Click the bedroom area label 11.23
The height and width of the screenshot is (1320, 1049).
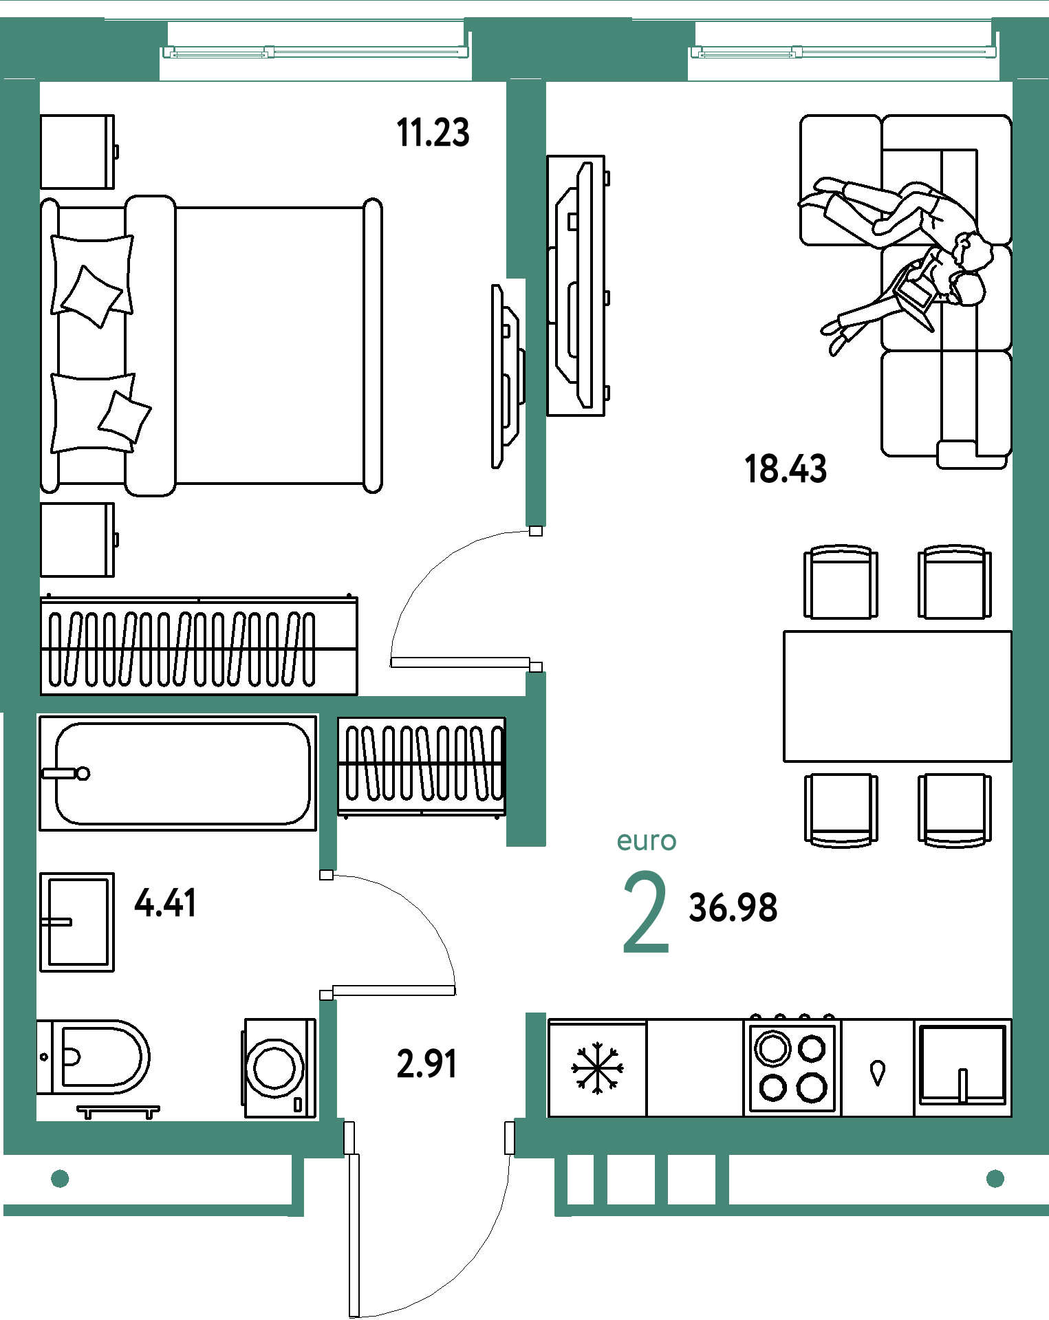(433, 133)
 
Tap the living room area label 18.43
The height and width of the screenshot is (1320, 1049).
(786, 469)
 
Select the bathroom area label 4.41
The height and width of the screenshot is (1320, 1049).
(165, 902)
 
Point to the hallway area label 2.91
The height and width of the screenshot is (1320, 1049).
(426, 1063)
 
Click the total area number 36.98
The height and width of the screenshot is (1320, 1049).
(733, 907)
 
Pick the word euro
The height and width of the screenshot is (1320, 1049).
(647, 841)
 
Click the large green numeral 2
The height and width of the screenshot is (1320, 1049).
(646, 911)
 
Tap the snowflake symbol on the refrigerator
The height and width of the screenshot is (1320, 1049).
(597, 1068)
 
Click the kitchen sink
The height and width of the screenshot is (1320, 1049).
(963, 1067)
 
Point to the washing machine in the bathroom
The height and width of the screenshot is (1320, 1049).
(279, 1068)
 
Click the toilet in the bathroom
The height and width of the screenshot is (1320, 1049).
(92, 1057)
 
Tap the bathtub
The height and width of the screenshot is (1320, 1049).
(177, 773)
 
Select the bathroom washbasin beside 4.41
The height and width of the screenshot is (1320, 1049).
(77, 922)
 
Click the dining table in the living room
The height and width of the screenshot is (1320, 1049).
(898, 696)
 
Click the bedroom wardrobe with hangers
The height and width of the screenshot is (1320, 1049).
(199, 645)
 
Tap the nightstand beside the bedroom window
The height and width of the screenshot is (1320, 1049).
(78, 151)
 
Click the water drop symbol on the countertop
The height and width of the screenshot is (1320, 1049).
(878, 1073)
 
